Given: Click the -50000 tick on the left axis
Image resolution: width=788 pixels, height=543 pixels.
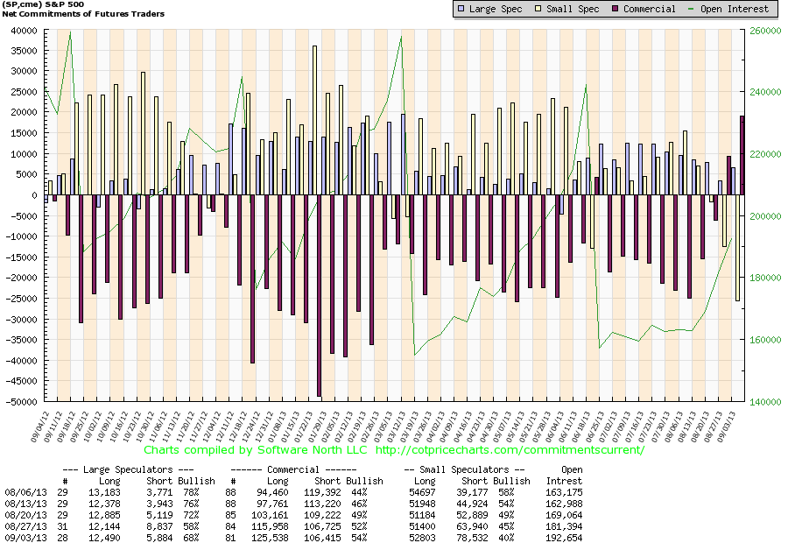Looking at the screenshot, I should click(18, 402).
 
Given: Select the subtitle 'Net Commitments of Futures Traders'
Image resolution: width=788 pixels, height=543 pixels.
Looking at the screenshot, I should click(83, 14).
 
